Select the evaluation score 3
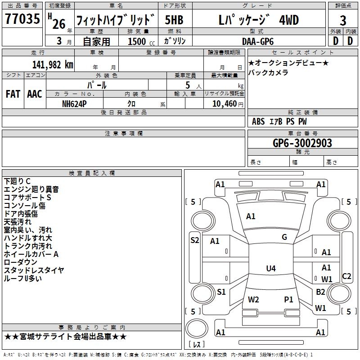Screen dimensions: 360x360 (343, 21)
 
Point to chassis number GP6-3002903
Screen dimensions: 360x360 (302, 143)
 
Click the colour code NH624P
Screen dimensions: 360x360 (75, 103)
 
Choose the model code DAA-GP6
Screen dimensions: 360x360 (261, 41)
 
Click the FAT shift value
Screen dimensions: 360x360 (13, 94)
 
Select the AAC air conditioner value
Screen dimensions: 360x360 (34, 94)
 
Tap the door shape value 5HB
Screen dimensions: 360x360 (175, 21)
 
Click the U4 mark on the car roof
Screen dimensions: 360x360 (270, 269)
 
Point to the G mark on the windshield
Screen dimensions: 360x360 (284, 237)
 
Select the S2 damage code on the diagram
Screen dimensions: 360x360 (194, 240)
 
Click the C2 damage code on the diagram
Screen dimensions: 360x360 (346, 276)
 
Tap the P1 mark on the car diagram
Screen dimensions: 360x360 (288, 299)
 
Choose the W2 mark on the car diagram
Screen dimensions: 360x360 (253, 299)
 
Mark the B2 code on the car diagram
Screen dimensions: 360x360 (320, 292)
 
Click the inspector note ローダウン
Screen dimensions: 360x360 (21, 262)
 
